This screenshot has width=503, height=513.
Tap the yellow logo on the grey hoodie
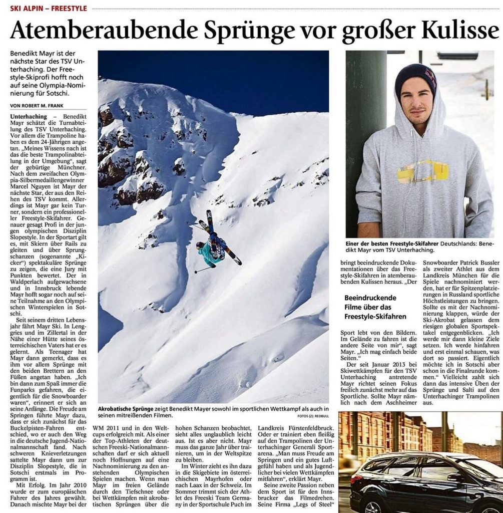pos(422,172)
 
